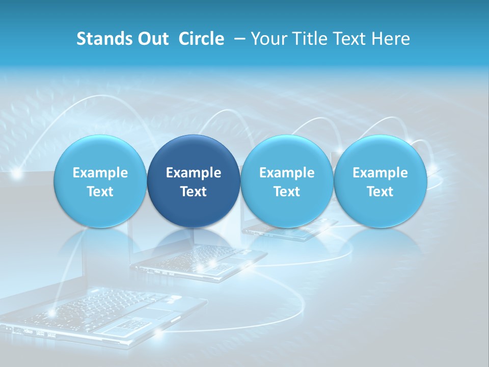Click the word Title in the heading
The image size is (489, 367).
pyautogui.click(x=313, y=39)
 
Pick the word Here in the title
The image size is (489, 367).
pyautogui.click(x=392, y=39)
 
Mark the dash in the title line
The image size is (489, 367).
pyautogui.click(x=239, y=39)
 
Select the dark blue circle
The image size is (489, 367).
pyautogui.click(x=194, y=181)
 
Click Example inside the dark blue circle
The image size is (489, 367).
pyautogui.click(x=194, y=173)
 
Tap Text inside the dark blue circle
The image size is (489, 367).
pyautogui.click(x=194, y=192)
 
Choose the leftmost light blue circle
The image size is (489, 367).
pyautogui.click(x=100, y=181)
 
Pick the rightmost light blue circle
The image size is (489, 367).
pyautogui.click(x=380, y=181)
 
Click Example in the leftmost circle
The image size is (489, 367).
pyautogui.click(x=100, y=173)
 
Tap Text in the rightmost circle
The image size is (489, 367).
pyautogui.click(x=380, y=192)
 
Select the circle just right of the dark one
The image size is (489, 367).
pyautogui.click(x=287, y=181)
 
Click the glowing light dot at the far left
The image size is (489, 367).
pyautogui.click(x=17, y=174)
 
